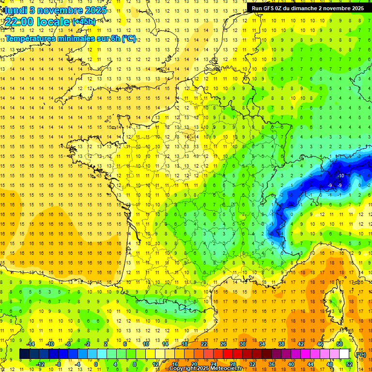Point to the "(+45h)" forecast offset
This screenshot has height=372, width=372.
[x=84, y=21]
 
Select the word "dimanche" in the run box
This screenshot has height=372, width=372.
[x=305, y=8]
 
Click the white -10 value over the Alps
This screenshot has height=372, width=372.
[x=341, y=175]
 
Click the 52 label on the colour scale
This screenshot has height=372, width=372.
[x=349, y=364]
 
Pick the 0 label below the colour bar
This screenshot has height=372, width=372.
[x=96, y=364]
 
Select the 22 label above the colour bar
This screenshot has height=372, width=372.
[x=204, y=344]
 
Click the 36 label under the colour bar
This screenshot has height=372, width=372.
[x=272, y=364]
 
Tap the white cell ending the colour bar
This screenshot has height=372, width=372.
[x=344, y=354]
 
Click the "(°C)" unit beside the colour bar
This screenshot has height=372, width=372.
[x=360, y=354]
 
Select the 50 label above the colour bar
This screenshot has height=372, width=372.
[x=340, y=344]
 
